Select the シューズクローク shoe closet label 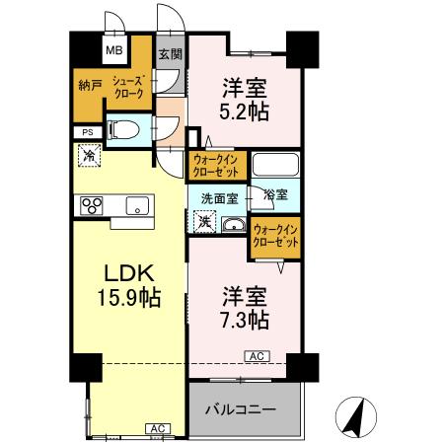point(129,86)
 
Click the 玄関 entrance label point(170,54)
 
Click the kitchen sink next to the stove point(135,205)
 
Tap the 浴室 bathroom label point(275,195)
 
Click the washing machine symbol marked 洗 point(202,223)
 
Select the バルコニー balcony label point(240,408)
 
